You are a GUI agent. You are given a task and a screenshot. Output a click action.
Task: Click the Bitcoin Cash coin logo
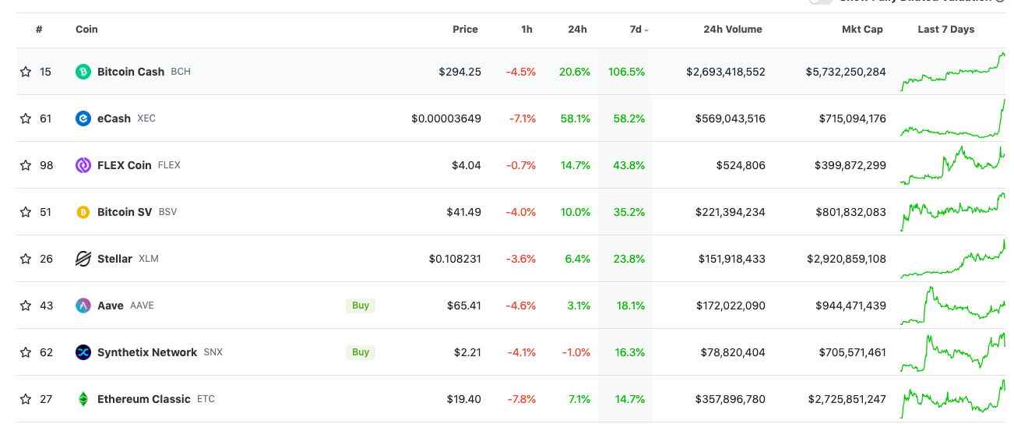pyautogui.click(x=83, y=72)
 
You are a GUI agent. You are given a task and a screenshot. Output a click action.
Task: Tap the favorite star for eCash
pyautogui.click(x=26, y=118)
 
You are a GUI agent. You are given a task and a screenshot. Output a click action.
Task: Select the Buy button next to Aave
pyautogui.click(x=361, y=306)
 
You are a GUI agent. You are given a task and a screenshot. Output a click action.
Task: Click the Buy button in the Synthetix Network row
pyautogui.click(x=361, y=352)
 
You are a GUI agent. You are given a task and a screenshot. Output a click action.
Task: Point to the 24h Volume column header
pyautogui.click(x=732, y=30)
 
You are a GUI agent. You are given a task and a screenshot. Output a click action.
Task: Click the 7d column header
pyautogui.click(x=636, y=30)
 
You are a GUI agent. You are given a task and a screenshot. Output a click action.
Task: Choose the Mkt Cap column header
pyautogui.click(x=862, y=30)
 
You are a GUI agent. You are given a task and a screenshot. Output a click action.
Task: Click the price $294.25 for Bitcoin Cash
pyautogui.click(x=459, y=72)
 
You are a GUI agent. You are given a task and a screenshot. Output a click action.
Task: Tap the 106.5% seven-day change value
pyautogui.click(x=626, y=72)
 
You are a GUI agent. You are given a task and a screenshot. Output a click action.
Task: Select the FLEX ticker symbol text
pyautogui.click(x=169, y=165)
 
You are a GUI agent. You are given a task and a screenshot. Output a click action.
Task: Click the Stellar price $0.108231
pyautogui.click(x=455, y=259)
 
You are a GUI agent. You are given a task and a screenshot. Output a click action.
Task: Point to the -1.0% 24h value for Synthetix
pyautogui.click(x=576, y=352)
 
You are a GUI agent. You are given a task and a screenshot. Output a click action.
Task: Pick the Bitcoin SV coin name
pyautogui.click(x=125, y=212)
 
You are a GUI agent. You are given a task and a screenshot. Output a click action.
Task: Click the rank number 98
pyautogui.click(x=46, y=165)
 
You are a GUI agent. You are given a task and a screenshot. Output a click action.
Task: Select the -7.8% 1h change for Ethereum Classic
pyautogui.click(x=521, y=399)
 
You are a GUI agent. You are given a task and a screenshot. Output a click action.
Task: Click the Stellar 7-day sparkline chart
pyautogui.click(x=952, y=260)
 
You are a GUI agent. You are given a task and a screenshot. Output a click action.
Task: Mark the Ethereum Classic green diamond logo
pyautogui.click(x=83, y=399)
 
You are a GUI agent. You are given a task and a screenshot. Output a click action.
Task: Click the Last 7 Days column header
pyautogui.click(x=945, y=30)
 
